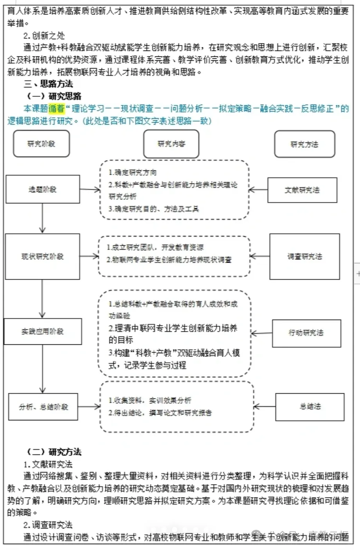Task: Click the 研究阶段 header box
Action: click(41, 144)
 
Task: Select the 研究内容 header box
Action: click(171, 144)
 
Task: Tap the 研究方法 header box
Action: click(304, 144)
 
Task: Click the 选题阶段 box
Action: click(42, 189)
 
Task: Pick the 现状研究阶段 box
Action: click(42, 257)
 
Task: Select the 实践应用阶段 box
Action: click(42, 331)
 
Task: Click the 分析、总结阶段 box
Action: click(43, 407)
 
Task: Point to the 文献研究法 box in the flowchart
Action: click(302, 190)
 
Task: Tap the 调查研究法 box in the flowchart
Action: click(304, 257)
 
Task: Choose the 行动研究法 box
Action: click(306, 333)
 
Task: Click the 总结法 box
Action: click(310, 406)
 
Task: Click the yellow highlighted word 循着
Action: click(56, 109)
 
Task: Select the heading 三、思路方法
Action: click(48, 84)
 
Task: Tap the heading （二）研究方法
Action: click(54, 452)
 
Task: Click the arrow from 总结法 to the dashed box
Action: click(265, 407)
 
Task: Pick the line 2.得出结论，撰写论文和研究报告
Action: click(160, 412)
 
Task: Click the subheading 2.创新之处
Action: click(44, 36)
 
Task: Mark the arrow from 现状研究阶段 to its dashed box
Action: click(89, 257)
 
